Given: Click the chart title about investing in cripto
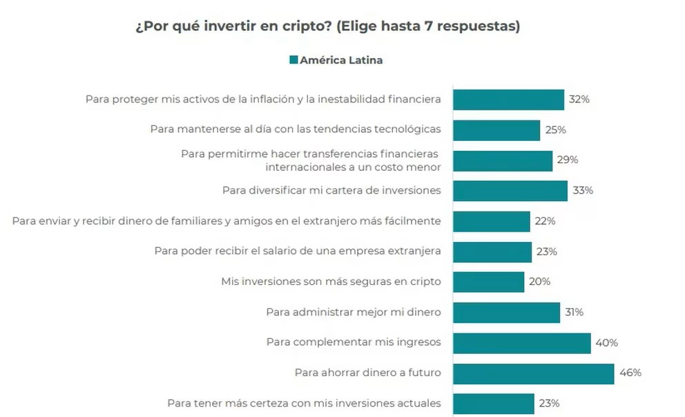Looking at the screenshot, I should point(327,27).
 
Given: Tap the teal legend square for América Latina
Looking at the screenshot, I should point(293,60).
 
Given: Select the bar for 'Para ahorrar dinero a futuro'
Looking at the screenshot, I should point(533,373).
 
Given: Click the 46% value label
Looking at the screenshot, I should point(630,373).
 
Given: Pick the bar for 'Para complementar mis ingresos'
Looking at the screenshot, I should point(521,343).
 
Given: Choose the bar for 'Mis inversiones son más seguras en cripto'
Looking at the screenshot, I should point(488,281).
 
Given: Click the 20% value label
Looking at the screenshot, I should point(539,281).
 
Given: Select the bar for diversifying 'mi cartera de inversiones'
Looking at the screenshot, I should point(510,190).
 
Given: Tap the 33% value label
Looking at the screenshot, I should point(583,190).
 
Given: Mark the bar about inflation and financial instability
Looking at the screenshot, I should point(508,100).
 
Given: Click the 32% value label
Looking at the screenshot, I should point(579,100).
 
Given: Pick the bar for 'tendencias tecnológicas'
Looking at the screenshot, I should point(496,130).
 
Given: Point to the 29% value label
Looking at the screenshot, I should point(568,160).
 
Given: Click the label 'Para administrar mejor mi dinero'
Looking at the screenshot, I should point(353,313).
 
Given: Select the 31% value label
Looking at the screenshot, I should point(574,313).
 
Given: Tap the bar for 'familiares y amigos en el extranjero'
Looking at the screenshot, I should point(491,221).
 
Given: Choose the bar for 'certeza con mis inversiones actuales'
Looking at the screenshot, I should point(493,403).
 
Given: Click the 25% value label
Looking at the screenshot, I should point(555,130).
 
